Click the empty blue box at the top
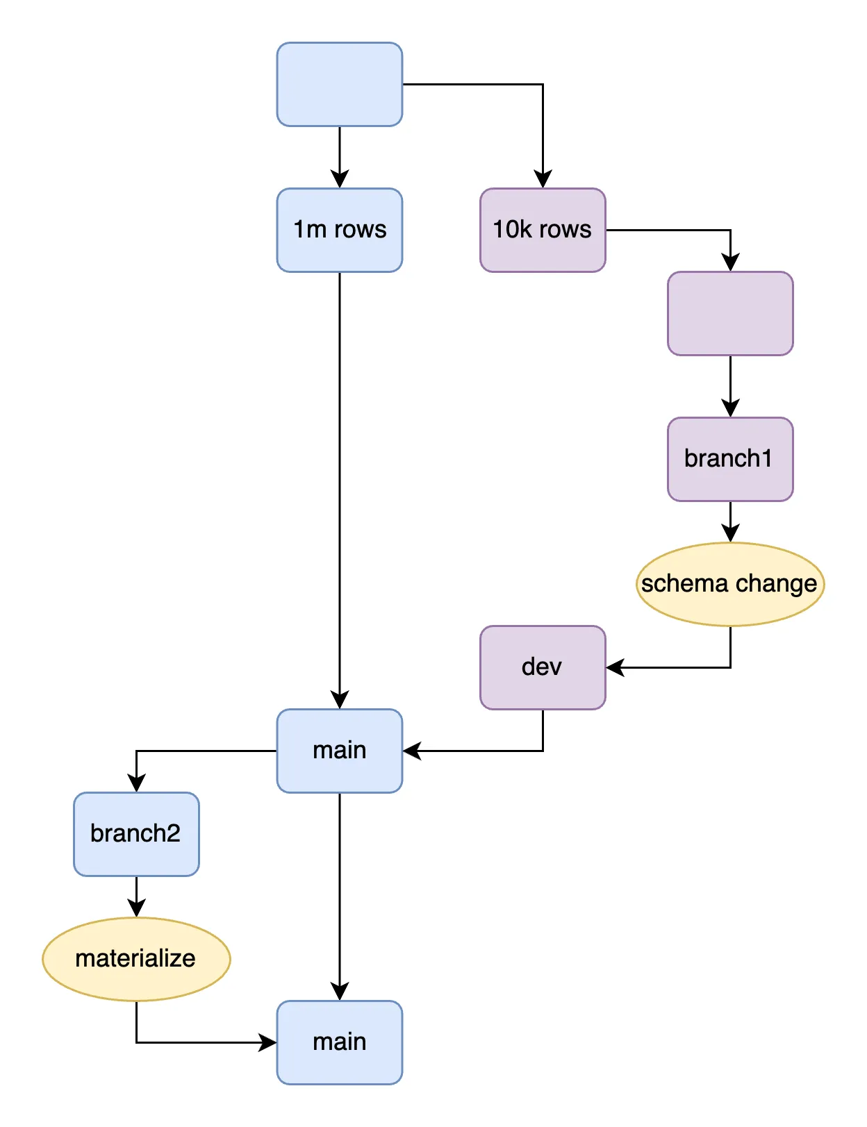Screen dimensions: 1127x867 339,84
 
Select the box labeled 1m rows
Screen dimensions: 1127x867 339,230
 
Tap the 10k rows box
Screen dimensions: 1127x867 543,230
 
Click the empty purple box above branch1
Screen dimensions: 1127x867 730,313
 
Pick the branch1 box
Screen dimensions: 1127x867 730,459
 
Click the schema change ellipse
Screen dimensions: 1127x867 730,584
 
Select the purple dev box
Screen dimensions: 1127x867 543,667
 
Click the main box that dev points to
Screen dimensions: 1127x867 339,751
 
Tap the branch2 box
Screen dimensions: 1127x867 136,834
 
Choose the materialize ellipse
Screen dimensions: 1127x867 136,959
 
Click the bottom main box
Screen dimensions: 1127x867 339,1042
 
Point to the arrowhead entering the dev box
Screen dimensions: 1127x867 616,667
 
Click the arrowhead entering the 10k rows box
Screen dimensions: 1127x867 543,179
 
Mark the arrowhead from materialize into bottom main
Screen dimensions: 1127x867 267,1042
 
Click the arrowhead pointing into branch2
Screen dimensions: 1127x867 136,783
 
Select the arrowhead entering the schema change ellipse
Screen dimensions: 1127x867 730,533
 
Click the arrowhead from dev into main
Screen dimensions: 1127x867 412,751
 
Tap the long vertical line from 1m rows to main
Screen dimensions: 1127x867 339,486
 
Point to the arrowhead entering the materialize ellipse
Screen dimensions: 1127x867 136,908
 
